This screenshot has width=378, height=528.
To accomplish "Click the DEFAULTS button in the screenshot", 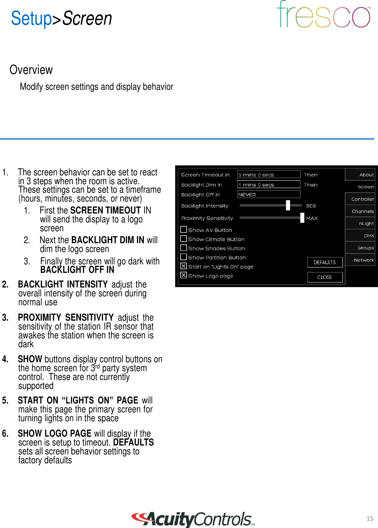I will (325, 262).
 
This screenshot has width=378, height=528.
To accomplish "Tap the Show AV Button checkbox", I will (184, 230).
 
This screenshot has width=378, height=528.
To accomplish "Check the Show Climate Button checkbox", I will (184, 239).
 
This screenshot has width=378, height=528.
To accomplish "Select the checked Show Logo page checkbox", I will (184, 276).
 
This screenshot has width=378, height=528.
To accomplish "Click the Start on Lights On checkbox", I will (184, 266).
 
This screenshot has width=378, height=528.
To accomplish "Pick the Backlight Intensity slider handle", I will (288, 205).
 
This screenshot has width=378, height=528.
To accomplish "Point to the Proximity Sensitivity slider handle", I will (302, 218).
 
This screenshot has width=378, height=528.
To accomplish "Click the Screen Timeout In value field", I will (268, 175).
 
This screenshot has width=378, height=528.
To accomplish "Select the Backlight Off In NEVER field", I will (268, 195).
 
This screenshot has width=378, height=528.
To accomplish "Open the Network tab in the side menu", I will (363, 260).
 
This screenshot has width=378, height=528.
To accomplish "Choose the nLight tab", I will (366, 224).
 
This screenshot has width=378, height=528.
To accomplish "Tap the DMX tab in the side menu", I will (368, 235).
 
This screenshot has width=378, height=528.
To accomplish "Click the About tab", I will (366, 175).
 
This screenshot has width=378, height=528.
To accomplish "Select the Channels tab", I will (363, 211).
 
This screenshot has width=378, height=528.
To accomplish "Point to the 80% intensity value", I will (311, 206).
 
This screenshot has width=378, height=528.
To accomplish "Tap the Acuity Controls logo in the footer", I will (193, 519).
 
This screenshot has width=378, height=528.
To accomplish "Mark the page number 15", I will (370, 518).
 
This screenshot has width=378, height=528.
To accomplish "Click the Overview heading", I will (31, 70).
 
